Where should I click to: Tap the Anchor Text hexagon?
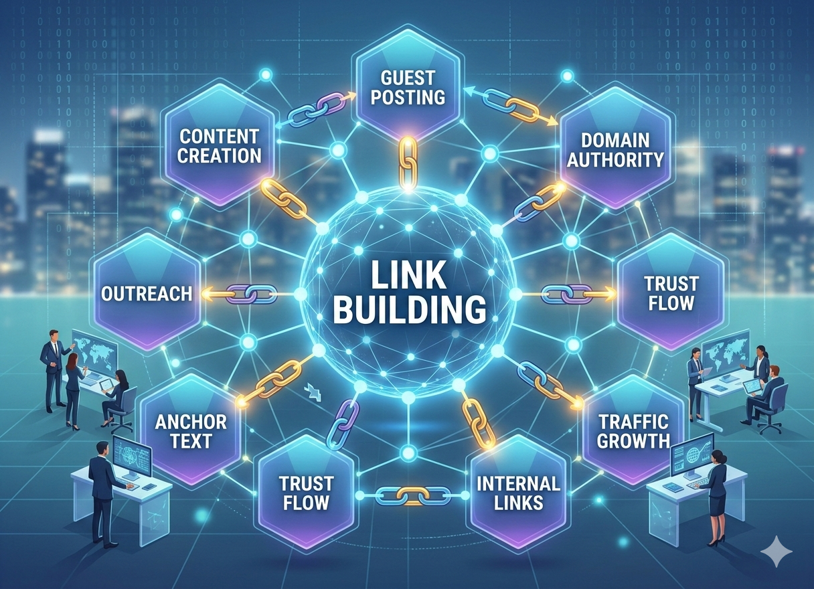coord(191,431)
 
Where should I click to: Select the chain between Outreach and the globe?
coord(250,293)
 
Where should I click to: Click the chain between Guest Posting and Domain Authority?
coord(511,103)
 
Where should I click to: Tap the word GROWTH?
coord(634,440)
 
